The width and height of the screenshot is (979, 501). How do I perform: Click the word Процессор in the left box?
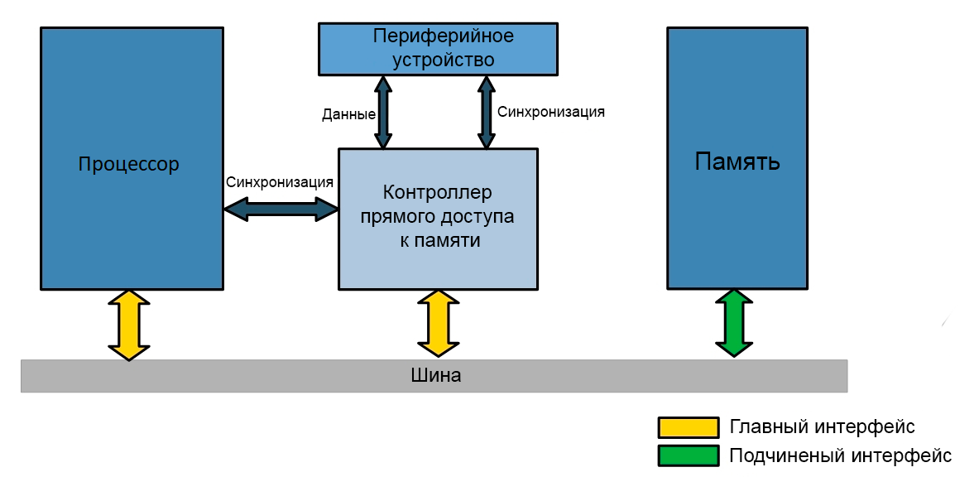(x=128, y=164)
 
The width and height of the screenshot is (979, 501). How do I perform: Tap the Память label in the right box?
(x=737, y=161)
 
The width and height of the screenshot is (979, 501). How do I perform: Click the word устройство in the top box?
(x=443, y=60)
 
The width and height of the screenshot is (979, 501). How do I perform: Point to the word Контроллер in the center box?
(x=437, y=193)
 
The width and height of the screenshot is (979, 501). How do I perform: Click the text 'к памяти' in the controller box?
(x=437, y=241)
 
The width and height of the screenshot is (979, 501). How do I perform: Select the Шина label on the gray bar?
(x=435, y=375)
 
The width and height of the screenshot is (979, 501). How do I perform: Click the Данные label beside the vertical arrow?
(x=348, y=115)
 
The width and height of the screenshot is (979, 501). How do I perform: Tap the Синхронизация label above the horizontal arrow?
(x=280, y=182)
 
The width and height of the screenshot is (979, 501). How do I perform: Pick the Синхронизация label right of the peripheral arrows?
(x=550, y=112)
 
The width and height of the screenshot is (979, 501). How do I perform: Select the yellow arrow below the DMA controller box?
(x=438, y=324)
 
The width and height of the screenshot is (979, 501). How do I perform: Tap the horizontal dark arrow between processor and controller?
(x=281, y=210)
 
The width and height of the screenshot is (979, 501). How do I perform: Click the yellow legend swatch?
(x=687, y=427)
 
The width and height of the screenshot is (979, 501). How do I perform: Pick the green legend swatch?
(x=687, y=455)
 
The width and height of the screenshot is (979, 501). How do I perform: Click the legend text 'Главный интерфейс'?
(x=822, y=427)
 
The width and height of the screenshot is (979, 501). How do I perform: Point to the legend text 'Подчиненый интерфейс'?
(x=840, y=455)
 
